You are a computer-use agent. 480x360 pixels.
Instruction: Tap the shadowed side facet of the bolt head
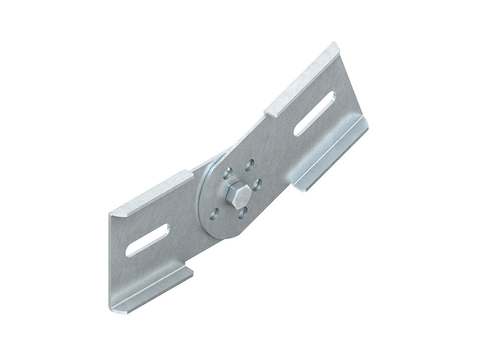[x=231, y=201]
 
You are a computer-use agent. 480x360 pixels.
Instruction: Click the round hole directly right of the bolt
[x=257, y=184]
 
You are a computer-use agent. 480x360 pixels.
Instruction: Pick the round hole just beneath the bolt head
[x=243, y=213]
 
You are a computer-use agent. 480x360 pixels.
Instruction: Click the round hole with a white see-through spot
[x=228, y=173]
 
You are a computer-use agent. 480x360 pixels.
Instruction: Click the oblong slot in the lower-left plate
[x=147, y=240]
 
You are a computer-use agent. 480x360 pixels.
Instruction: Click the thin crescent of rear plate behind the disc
[x=204, y=189]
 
